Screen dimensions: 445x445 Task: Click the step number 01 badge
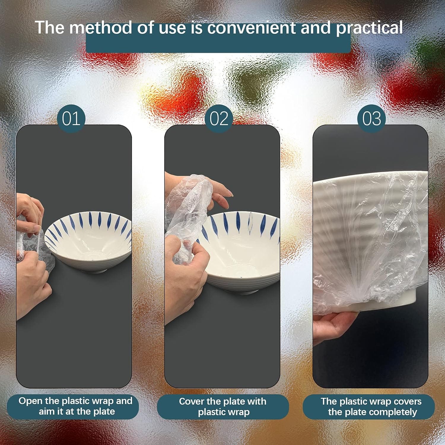[x=71, y=118]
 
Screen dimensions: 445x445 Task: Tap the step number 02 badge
[x=219, y=118]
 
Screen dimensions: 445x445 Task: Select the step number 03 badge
[x=372, y=118]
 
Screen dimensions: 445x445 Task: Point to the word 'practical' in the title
[x=369, y=28]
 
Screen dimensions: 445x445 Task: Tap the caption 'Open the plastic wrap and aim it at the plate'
[x=75, y=406]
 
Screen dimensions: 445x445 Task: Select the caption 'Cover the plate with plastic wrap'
[x=223, y=407]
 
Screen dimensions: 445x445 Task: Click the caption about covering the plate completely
[x=371, y=407]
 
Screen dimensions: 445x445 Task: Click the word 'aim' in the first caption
[x=47, y=412]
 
